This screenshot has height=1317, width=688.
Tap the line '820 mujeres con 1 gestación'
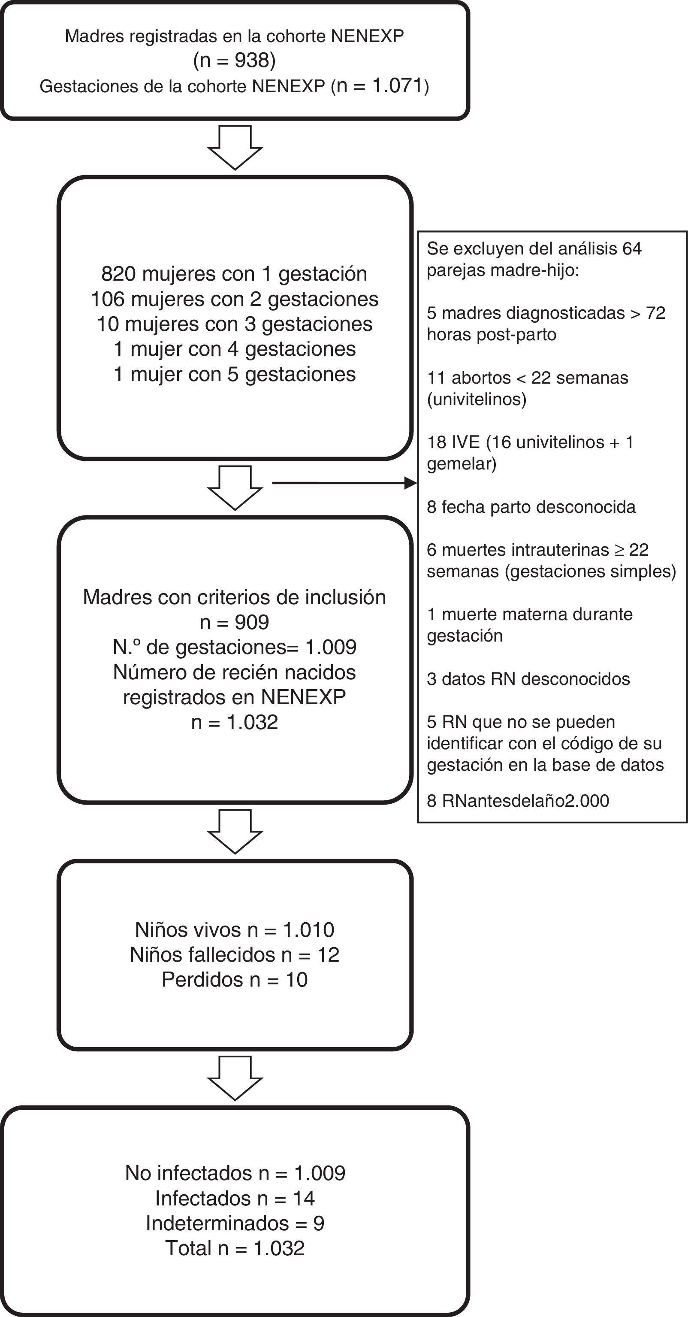[x=234, y=274]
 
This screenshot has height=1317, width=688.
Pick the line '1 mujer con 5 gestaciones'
[x=234, y=374]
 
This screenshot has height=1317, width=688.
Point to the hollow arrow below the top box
[x=235, y=147]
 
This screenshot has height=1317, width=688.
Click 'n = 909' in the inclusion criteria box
[x=234, y=622]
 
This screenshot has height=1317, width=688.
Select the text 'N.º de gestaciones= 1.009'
[x=234, y=647]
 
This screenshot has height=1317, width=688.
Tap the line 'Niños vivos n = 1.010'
[x=234, y=929]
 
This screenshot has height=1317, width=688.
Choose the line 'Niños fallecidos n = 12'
[x=234, y=954]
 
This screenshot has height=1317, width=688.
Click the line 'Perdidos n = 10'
[x=234, y=980]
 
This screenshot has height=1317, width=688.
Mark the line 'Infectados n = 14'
[x=235, y=1198]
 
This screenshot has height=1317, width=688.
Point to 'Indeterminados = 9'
[x=235, y=1223]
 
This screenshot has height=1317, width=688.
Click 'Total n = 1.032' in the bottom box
[x=235, y=1248]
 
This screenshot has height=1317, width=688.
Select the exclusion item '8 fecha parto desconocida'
[x=531, y=507]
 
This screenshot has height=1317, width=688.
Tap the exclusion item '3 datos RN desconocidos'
[x=528, y=679]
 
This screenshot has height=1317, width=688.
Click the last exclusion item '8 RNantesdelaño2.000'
[x=518, y=801]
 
